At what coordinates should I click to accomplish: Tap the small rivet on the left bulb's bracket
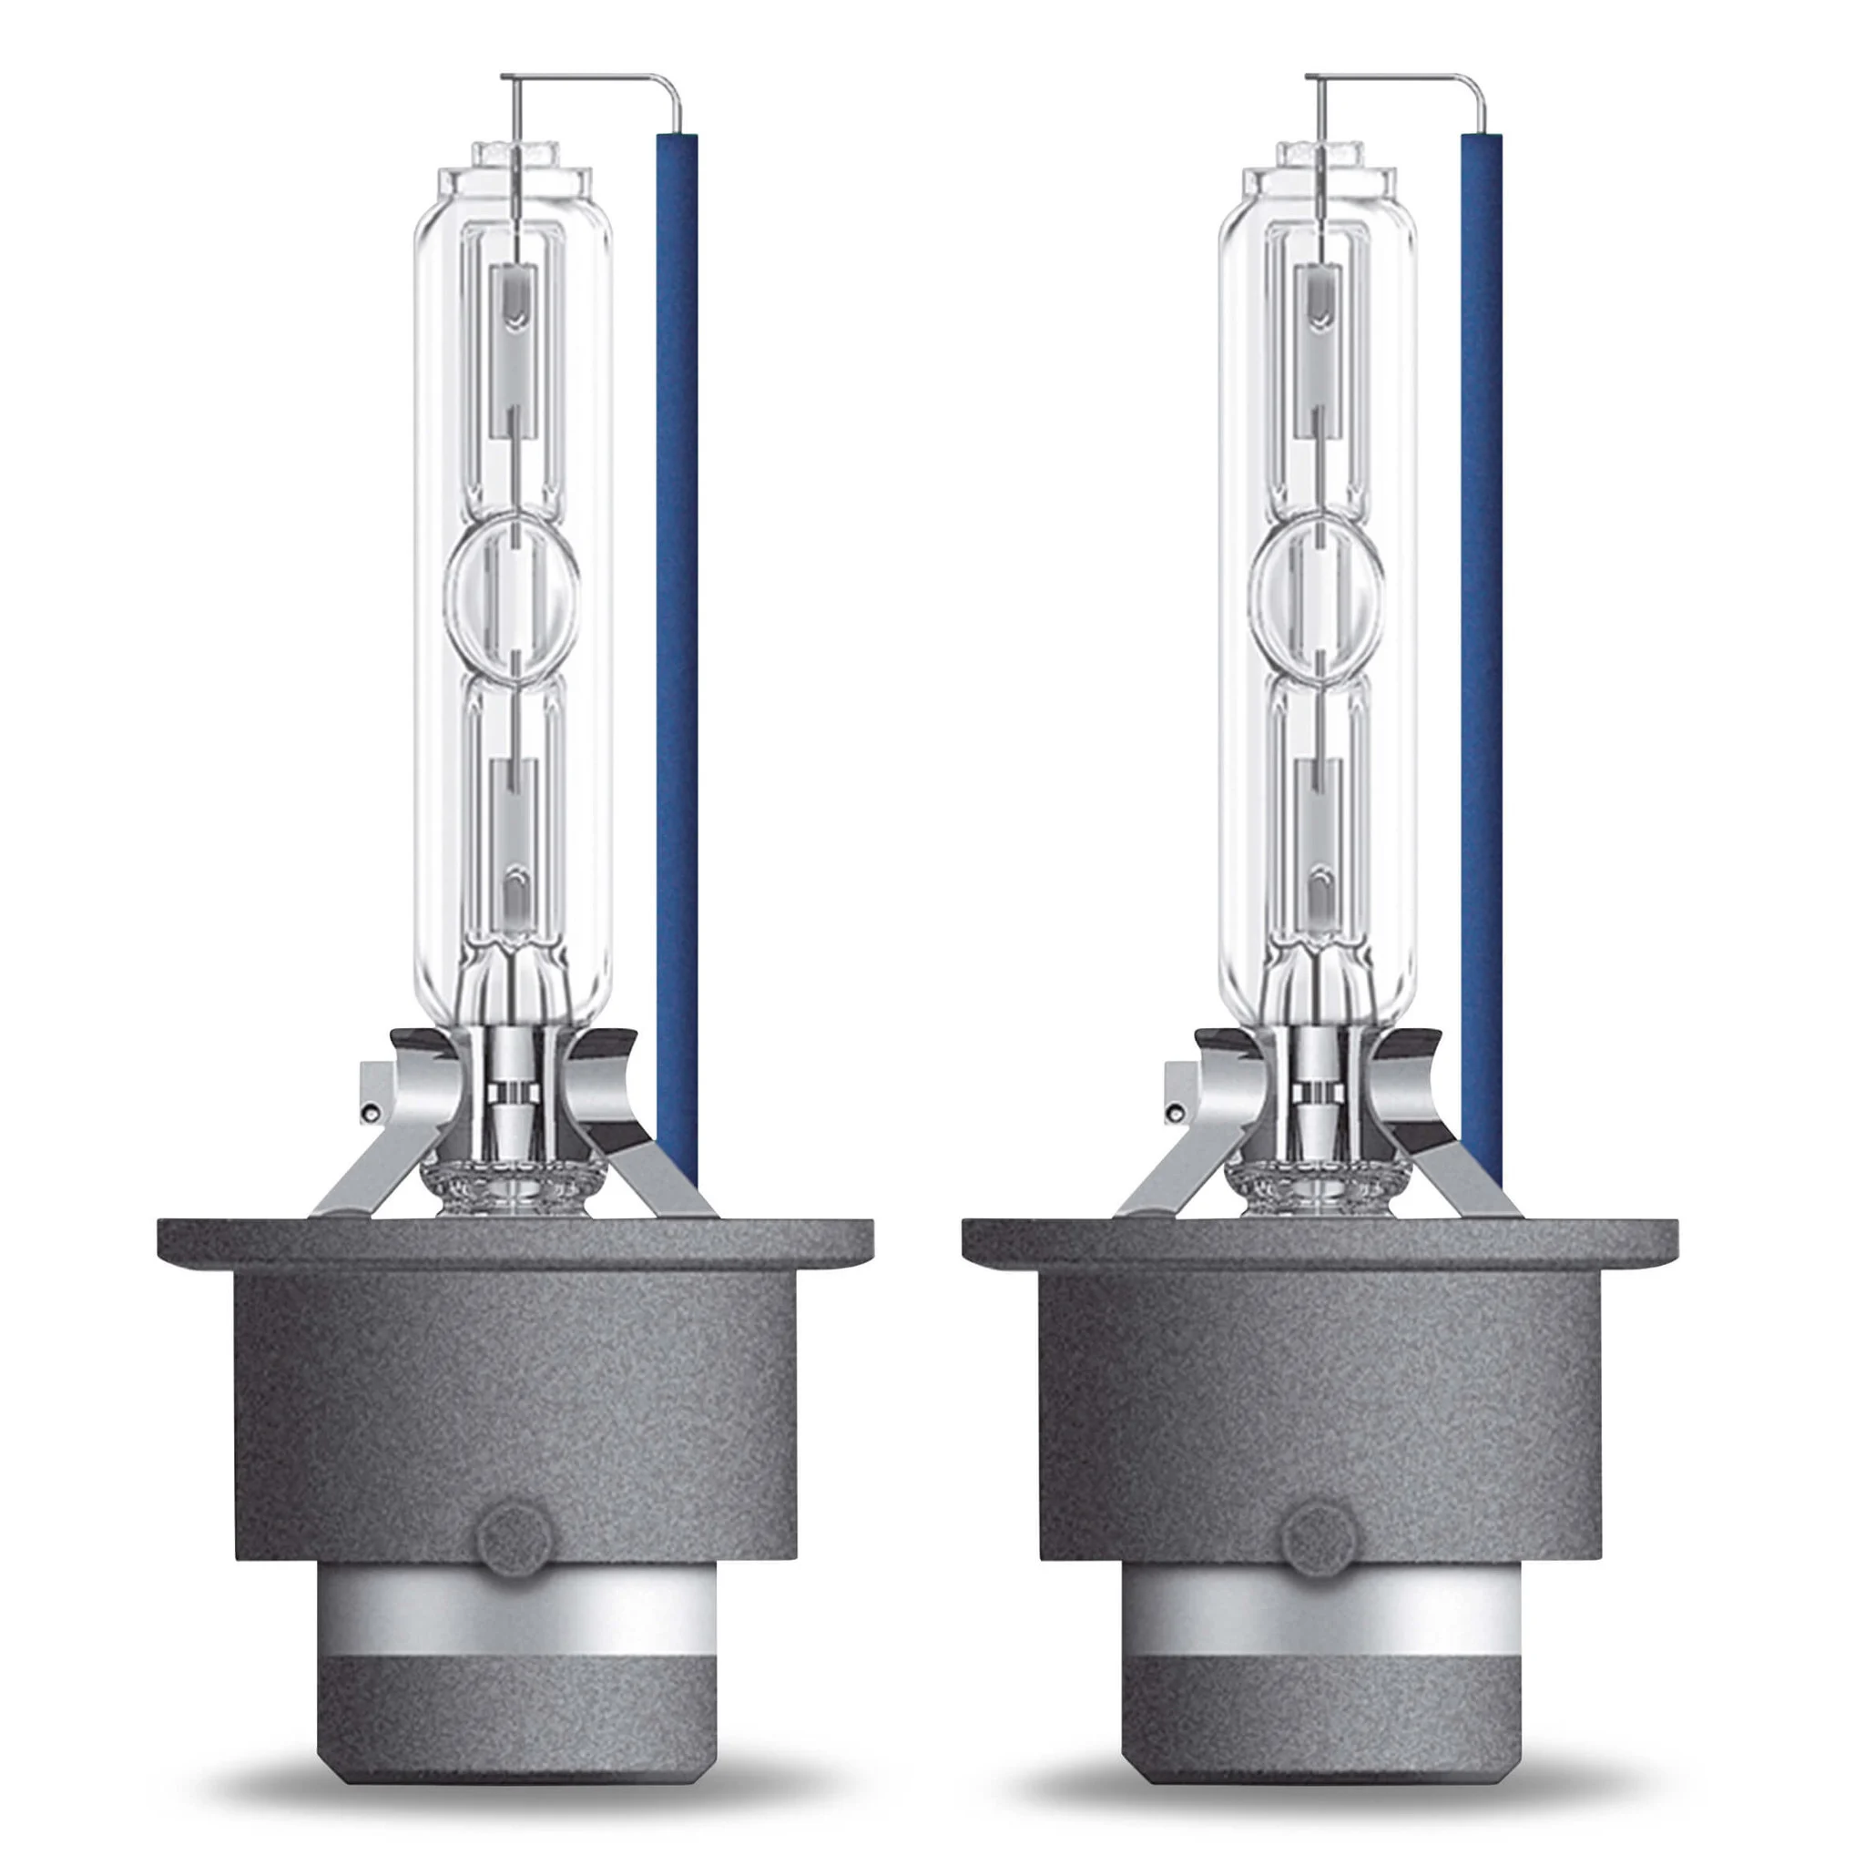coord(368,1113)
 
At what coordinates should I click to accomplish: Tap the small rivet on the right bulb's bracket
coord(1173,1113)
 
